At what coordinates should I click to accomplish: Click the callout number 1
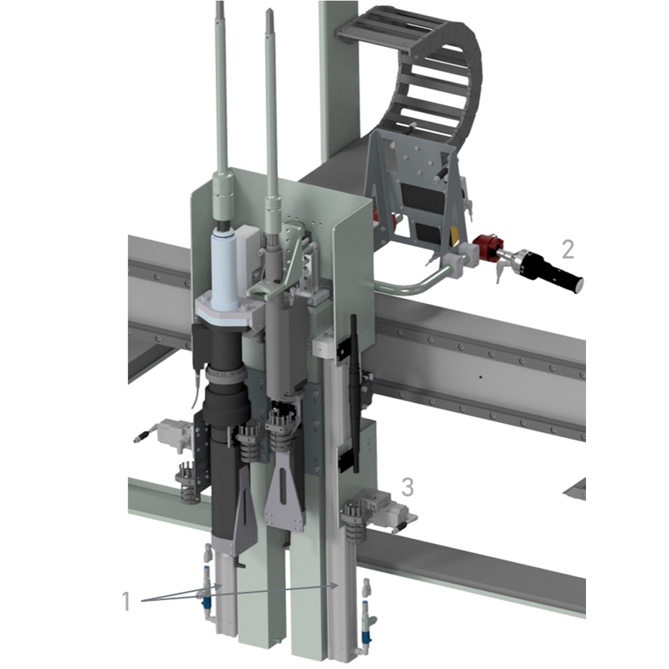coord(126,601)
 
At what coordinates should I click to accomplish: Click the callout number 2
coord(568,250)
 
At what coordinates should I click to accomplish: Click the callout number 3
coord(408,488)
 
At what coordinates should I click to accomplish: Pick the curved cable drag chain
coord(431,81)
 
